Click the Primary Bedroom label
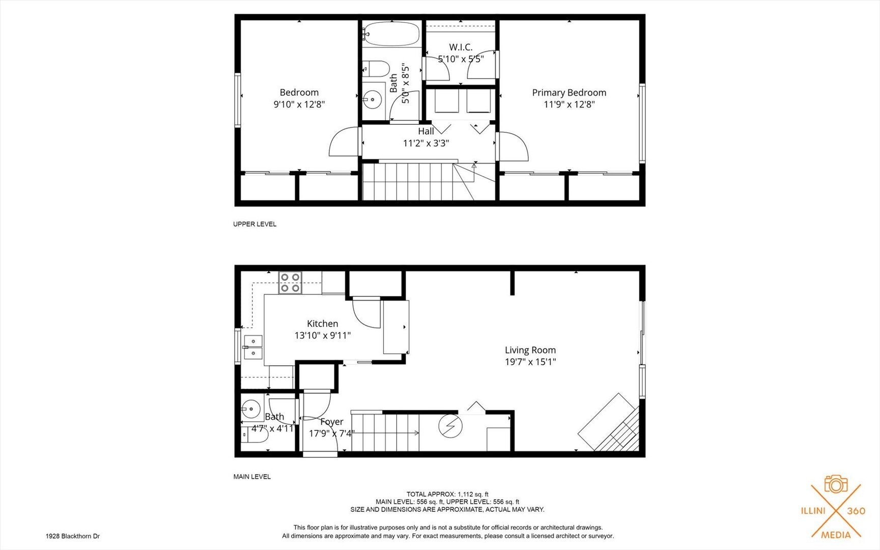click(569, 93)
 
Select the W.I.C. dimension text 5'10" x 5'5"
click(461, 59)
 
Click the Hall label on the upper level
click(426, 131)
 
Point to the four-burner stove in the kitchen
click(290, 283)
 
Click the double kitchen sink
click(253, 347)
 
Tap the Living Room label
click(530, 350)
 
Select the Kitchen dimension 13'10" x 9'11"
click(322, 336)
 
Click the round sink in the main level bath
click(250, 408)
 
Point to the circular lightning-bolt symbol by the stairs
click(450, 426)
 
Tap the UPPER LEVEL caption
click(254, 224)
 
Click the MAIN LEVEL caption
click(252, 477)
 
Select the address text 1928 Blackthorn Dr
click(73, 536)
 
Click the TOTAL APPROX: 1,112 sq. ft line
click(447, 494)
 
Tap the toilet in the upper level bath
click(375, 68)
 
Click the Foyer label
click(331, 422)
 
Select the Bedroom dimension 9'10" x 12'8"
click(299, 104)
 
